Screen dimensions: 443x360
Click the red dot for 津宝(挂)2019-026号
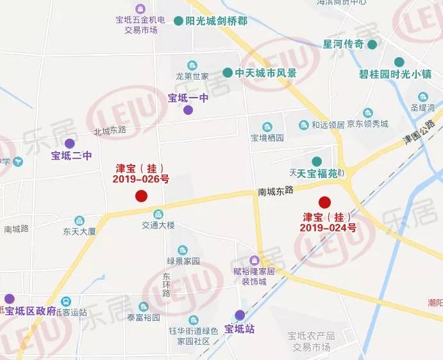[x=141, y=196]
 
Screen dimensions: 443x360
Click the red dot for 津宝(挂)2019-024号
[x=325, y=201]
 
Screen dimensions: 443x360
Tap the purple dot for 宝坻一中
[x=188, y=110]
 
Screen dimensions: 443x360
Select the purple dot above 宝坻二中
[x=69, y=143]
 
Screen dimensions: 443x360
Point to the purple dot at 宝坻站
[x=239, y=315]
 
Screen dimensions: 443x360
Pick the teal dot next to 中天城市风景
[x=228, y=73]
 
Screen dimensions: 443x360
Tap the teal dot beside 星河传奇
[x=372, y=44]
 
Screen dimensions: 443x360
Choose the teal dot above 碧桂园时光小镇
[x=399, y=62]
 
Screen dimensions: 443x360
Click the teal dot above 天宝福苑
[x=316, y=161]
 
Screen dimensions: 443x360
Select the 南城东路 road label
[x=276, y=191]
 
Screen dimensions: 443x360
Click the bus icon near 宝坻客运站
[x=65, y=302]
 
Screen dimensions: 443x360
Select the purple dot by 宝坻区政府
[x=10, y=299]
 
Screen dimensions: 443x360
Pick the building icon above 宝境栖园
[x=267, y=126]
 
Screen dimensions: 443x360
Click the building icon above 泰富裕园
[x=144, y=306]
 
